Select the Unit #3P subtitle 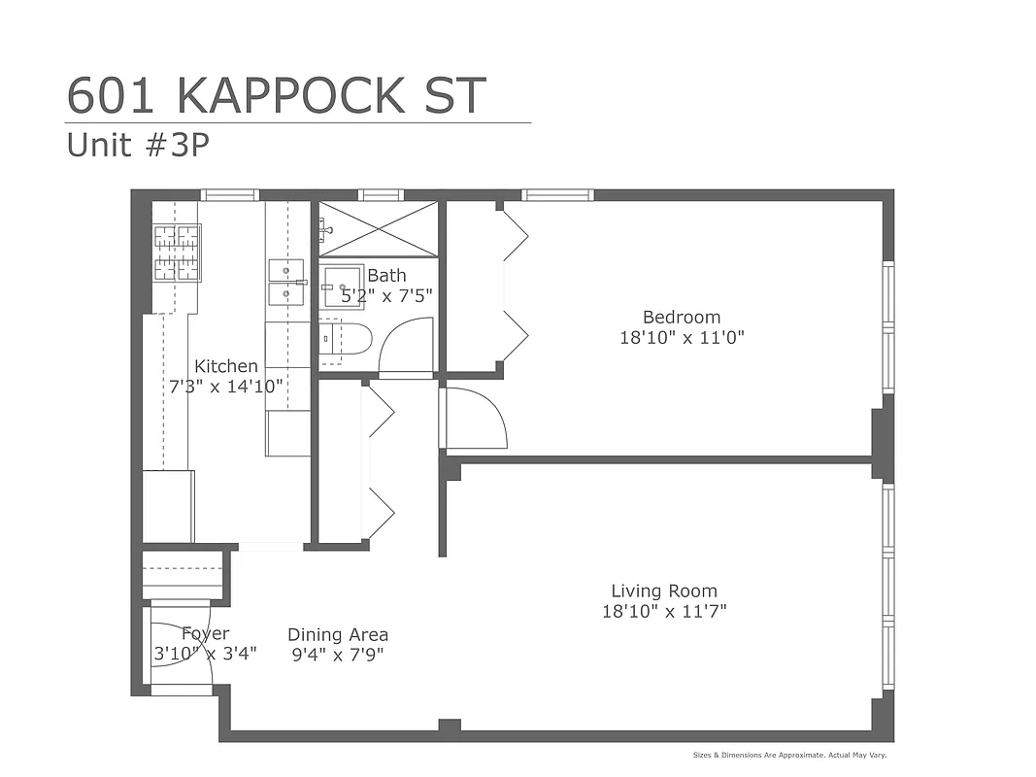coord(138,145)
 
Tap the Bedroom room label coord(682,317)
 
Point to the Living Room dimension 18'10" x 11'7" coord(664,612)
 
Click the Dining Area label coord(337,634)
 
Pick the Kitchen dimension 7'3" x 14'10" coord(225,386)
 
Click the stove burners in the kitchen coord(178,253)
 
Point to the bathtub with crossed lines coord(379,228)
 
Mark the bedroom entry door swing coord(475,418)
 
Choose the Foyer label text coord(205,634)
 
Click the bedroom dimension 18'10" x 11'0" coord(682,338)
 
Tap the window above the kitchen coord(230,194)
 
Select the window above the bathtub coord(381,194)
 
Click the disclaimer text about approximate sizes coord(789,755)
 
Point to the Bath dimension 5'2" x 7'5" coord(386,295)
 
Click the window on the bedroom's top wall coord(557,194)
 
